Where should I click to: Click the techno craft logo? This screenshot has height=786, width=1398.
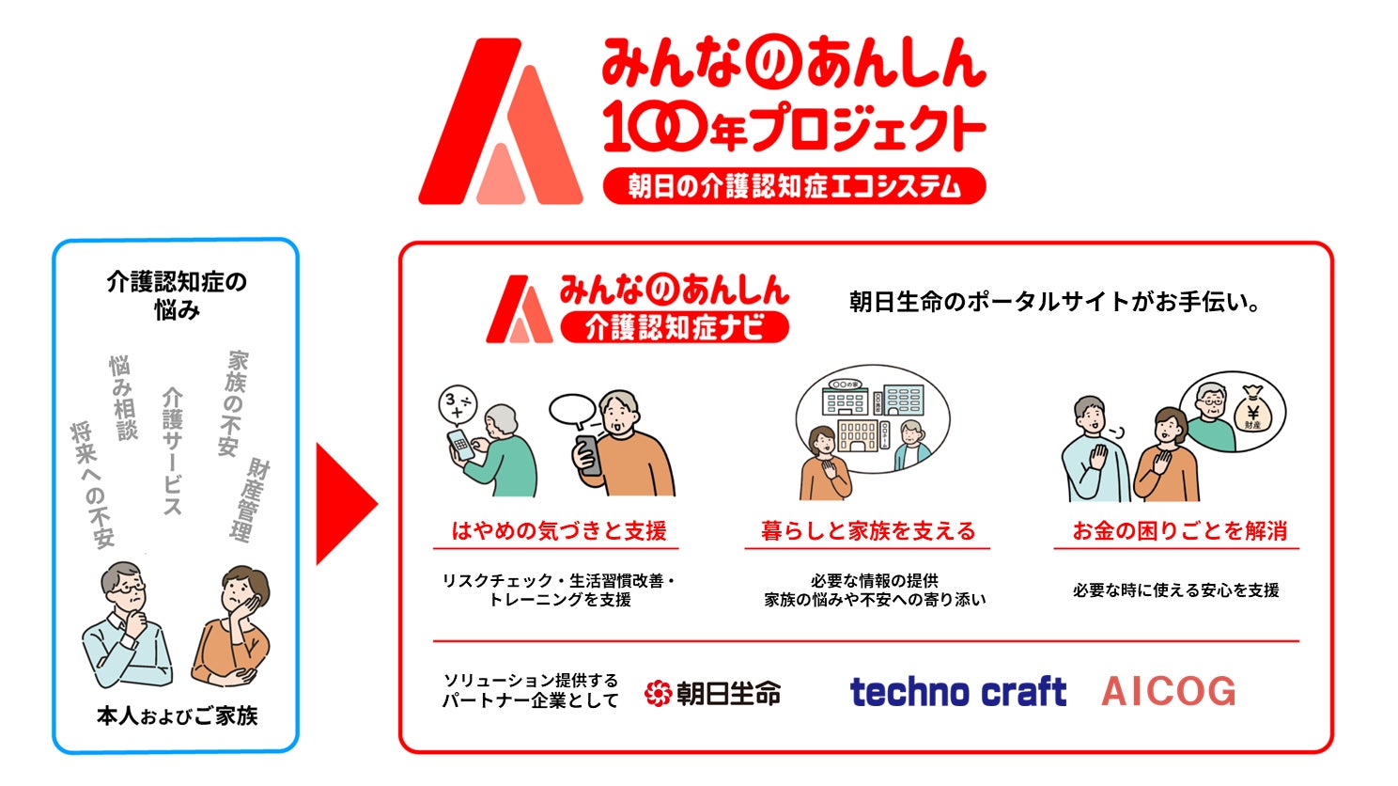tap(958, 692)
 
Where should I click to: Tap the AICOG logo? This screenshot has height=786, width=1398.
tap(1169, 692)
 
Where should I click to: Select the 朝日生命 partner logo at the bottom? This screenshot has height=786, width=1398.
tap(713, 693)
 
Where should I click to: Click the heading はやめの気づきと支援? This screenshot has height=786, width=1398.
tap(559, 531)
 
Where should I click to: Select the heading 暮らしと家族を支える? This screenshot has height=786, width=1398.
tap(867, 531)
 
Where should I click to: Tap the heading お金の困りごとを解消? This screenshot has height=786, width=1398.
tap(1180, 531)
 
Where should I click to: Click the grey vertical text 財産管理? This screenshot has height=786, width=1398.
tap(251, 500)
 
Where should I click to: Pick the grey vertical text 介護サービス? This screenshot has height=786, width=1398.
tap(172, 451)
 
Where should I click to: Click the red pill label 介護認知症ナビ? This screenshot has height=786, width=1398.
tap(675, 327)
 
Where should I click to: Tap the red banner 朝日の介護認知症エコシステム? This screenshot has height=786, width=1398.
tap(795, 185)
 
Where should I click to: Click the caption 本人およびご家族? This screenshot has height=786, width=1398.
tap(178, 716)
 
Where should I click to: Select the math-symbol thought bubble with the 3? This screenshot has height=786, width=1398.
tap(458, 404)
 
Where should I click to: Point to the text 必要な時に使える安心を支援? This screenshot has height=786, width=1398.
tap(1176, 590)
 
